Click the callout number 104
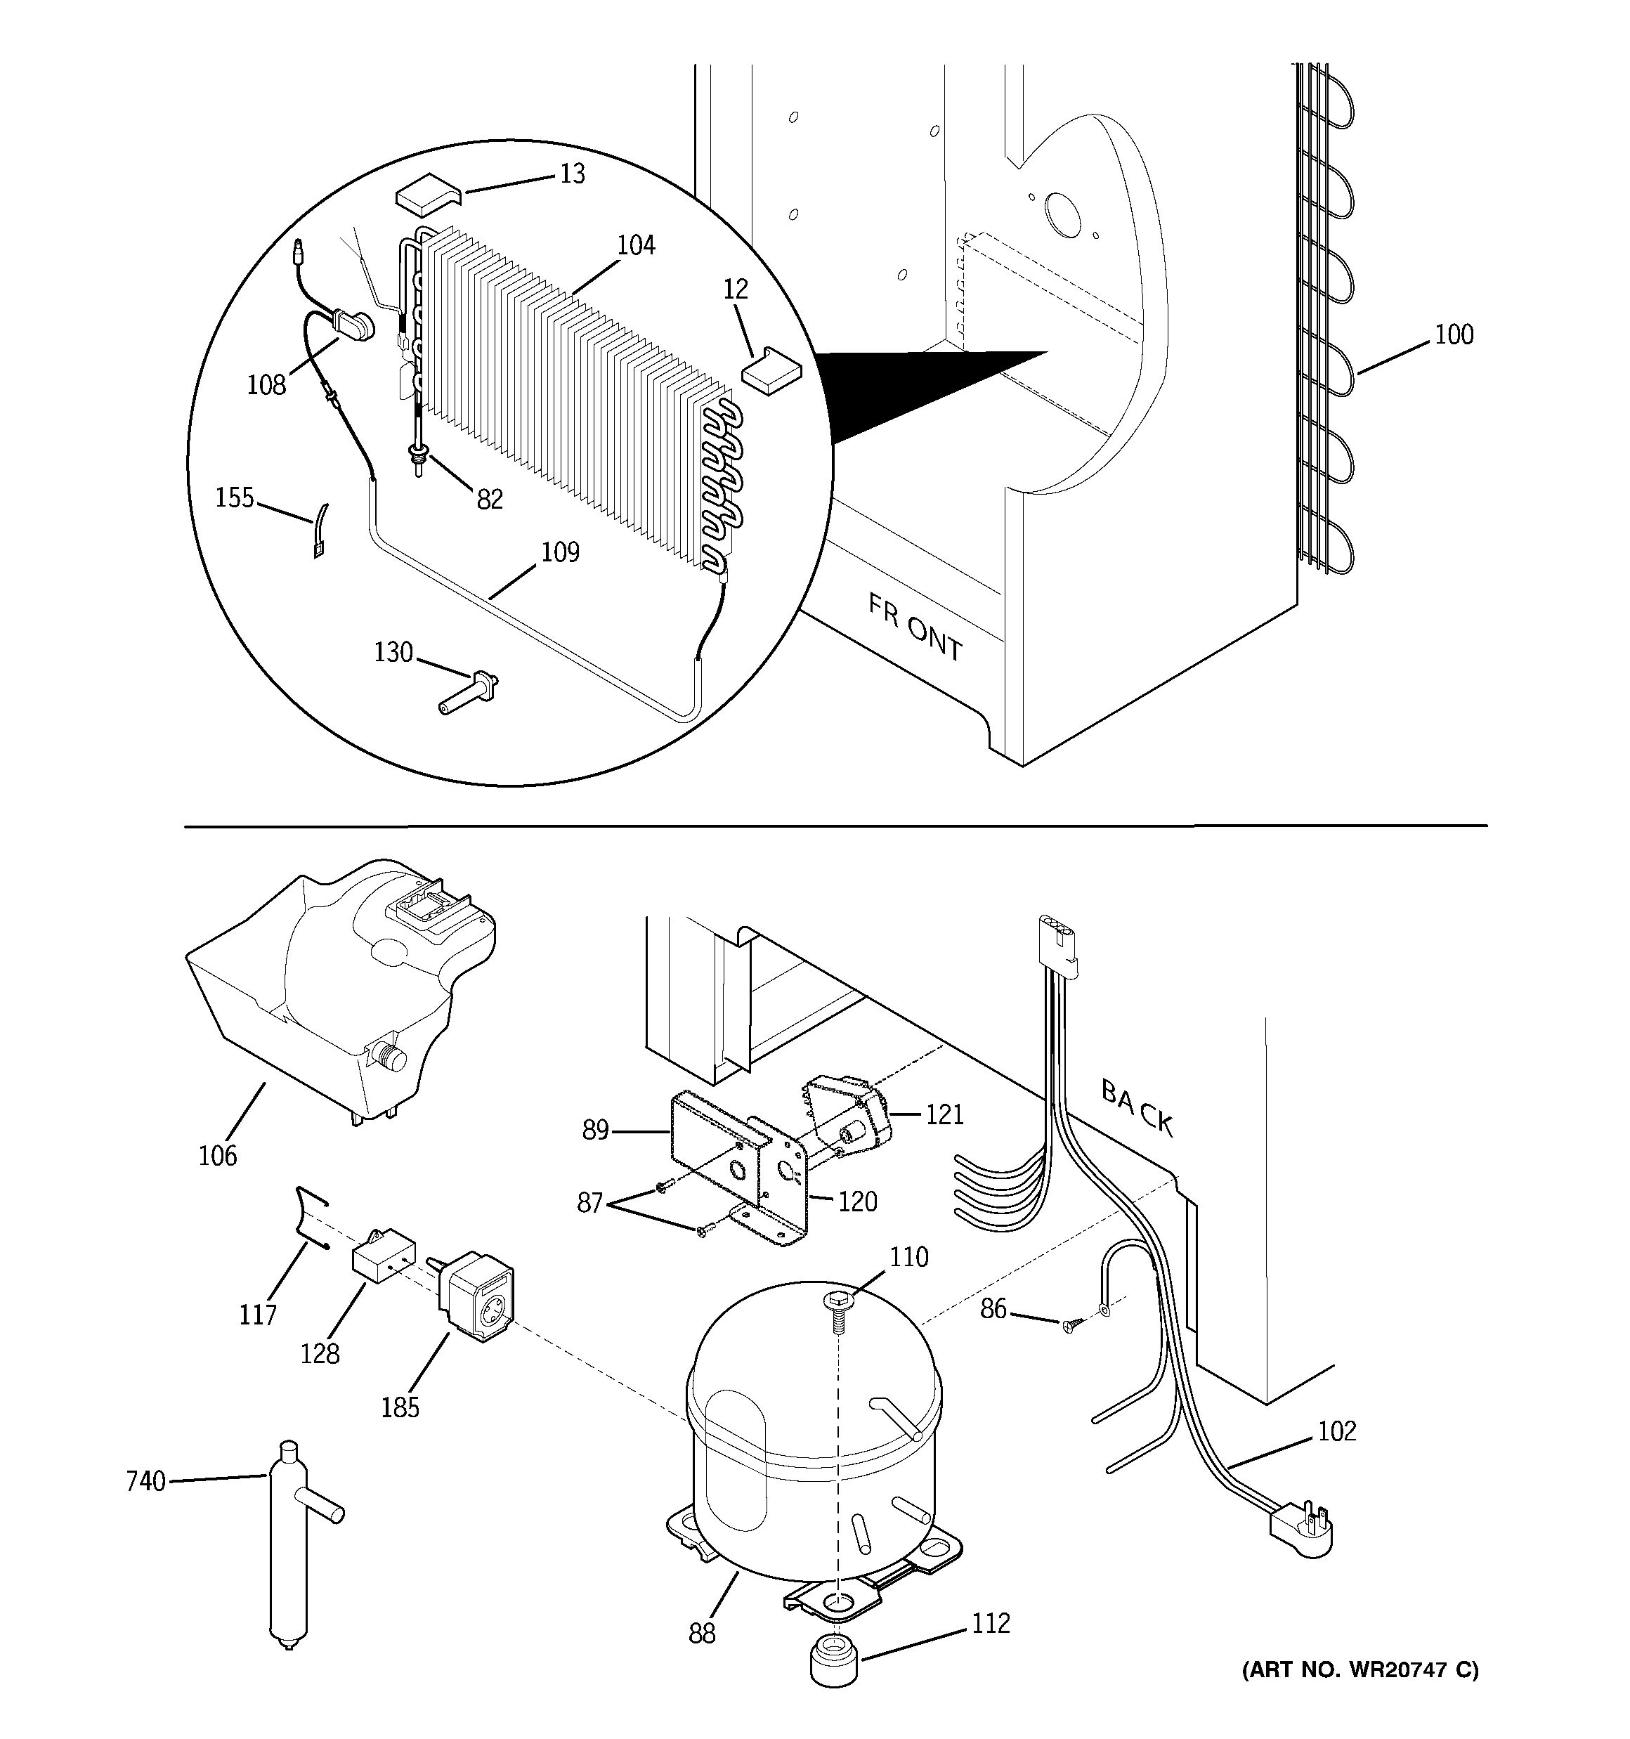pos(635,246)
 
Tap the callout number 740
pos(145,1481)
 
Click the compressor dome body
pos(814,1426)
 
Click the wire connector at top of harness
pos(1058,946)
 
